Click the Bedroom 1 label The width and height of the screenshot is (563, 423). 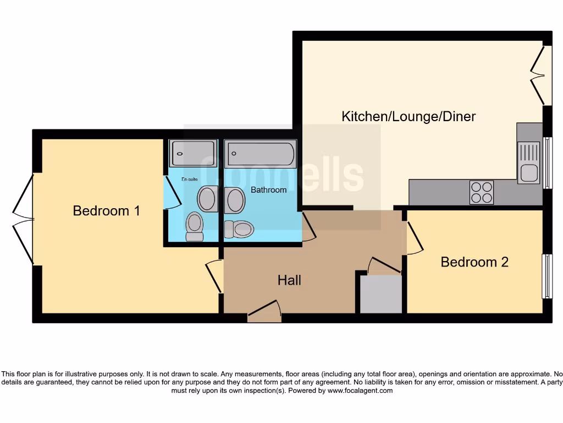[107, 210]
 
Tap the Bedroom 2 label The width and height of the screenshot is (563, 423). [474, 262]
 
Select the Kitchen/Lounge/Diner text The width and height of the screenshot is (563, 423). [409, 116]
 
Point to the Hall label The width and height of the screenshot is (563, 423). [289, 280]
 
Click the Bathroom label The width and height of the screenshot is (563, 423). [269, 189]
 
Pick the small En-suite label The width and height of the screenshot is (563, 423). [190, 179]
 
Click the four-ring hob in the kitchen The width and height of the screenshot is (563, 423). [482, 192]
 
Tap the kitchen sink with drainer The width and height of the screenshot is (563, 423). [529, 162]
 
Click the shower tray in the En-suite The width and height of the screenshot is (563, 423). [192, 154]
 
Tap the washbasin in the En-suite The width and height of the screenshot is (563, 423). [207, 199]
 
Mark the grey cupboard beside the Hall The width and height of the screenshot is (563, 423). [380, 294]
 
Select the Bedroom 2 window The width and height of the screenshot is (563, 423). [547, 276]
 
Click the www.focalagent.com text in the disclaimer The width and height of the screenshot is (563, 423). [360, 391]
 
